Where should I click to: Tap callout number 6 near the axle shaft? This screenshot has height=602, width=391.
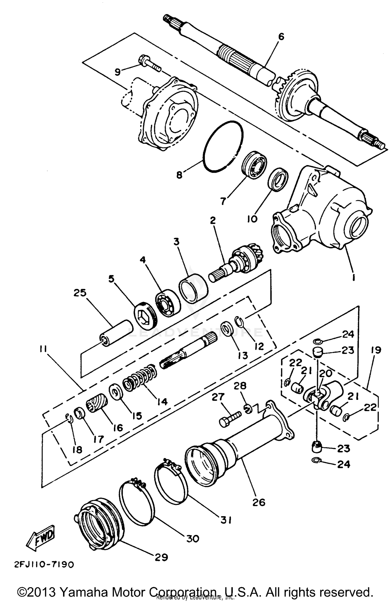pyautogui.click(x=281, y=37)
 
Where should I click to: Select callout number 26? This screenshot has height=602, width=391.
pyautogui.click(x=259, y=502)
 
